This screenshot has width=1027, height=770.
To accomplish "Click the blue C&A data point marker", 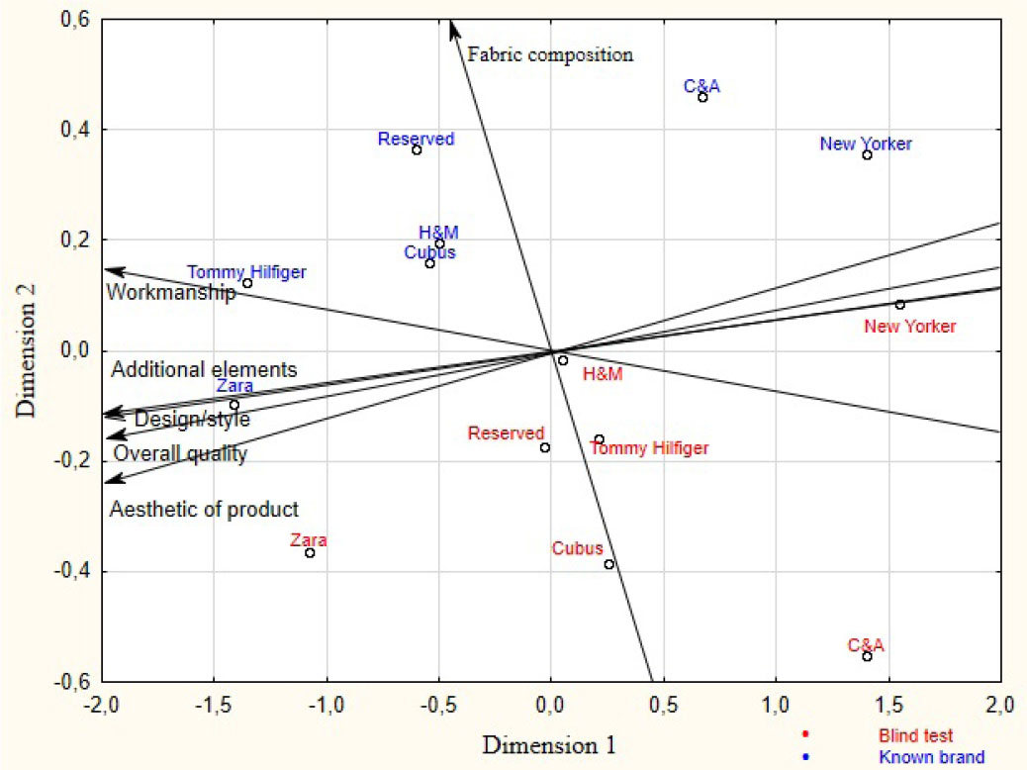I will (702, 97).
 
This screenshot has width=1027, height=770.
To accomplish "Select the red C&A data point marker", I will (867, 656).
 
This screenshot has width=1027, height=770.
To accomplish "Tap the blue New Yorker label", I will (866, 144).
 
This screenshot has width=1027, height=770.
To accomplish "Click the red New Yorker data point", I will (899, 305).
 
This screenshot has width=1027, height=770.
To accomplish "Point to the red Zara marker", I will (310, 552).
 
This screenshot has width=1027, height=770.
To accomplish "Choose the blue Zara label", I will (233, 387).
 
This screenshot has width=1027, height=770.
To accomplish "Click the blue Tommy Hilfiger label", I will (246, 271).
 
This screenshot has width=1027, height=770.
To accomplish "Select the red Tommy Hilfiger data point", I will (599, 439).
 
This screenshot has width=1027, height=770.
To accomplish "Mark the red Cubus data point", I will (608, 564).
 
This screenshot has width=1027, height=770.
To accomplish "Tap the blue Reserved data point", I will (417, 149).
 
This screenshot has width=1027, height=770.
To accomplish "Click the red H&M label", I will (603, 374).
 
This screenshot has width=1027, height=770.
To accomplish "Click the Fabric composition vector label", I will (550, 54).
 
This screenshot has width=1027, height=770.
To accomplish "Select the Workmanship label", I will (171, 292).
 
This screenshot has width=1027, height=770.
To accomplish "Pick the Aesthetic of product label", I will (204, 510).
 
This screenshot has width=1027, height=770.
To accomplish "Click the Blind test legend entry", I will (915, 735).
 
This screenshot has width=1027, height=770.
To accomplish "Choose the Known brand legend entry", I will (931, 757).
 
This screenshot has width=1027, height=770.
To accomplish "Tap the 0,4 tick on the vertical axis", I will (77, 130).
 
